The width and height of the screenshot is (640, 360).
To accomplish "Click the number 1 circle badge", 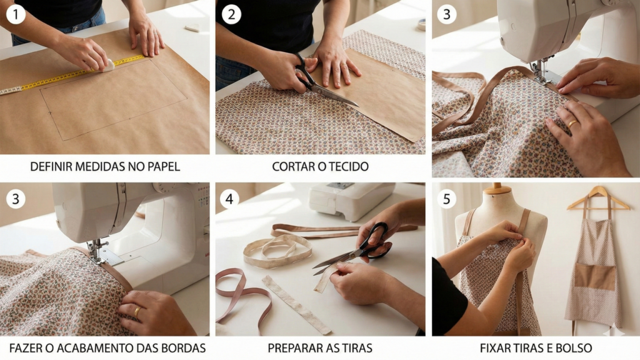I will [15, 13].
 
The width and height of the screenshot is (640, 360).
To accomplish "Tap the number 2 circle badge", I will [231, 13].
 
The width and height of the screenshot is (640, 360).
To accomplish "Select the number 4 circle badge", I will [229, 199].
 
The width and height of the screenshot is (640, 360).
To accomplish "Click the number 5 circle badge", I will [446, 199].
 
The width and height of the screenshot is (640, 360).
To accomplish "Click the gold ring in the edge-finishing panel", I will [137, 311].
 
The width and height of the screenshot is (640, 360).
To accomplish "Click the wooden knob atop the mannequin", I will [497, 188].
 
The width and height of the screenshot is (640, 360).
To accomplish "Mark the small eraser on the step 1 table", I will [192, 27].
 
